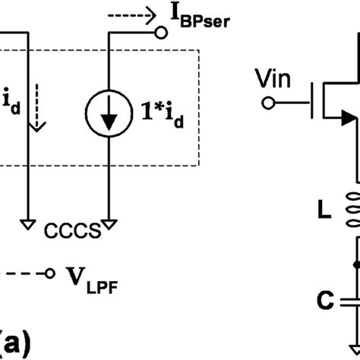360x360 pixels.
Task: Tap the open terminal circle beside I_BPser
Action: coord(160,33)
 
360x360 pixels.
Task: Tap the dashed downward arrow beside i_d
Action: coord(39,112)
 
